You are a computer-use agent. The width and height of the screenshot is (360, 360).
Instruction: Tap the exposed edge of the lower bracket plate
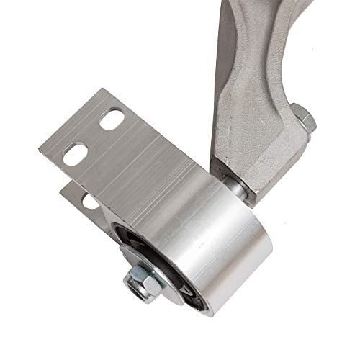(72, 191)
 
